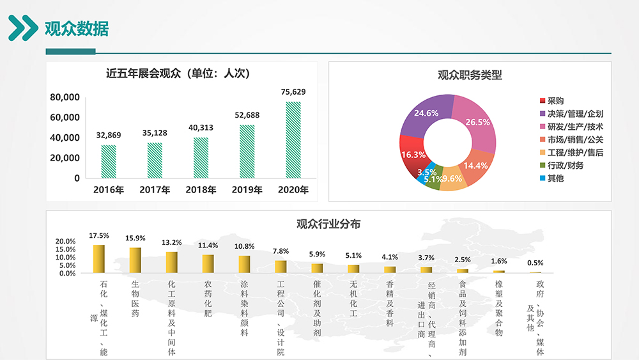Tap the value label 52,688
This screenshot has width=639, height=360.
pos(247,115)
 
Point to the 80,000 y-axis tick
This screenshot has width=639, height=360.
pos(64,97)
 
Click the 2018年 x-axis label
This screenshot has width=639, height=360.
pos(201,190)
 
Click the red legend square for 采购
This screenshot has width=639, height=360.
pos(543,101)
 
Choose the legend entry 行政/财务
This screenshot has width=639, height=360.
pos(565,166)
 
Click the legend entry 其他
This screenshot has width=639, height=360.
pos(555,178)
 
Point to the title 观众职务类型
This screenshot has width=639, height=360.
pos(470,75)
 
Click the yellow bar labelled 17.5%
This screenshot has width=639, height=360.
pos(98,259)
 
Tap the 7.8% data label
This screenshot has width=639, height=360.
pos(281,251)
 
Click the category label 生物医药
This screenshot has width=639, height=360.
pos(135,299)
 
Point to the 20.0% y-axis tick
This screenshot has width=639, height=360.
pos(66,242)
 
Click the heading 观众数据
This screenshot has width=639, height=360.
pos(76,29)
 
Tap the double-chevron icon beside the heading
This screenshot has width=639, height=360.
pos(23,28)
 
